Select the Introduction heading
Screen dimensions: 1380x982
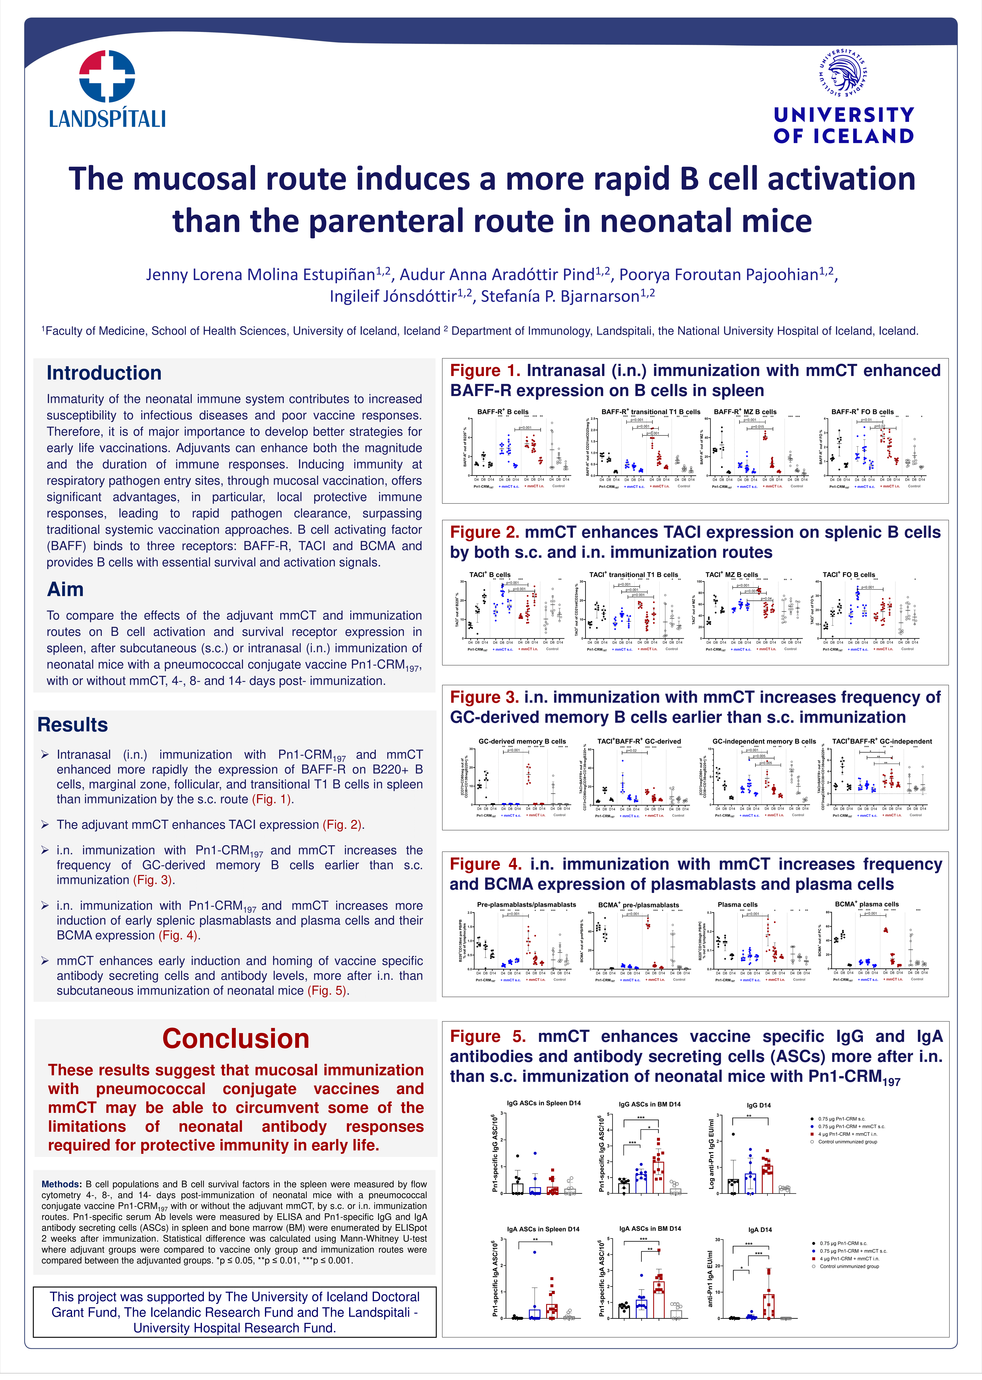point(104,373)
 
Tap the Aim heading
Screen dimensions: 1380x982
point(65,590)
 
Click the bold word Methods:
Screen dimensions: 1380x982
point(61,1184)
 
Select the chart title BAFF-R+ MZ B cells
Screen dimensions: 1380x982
point(745,412)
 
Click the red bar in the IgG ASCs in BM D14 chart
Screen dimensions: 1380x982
point(658,1177)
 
